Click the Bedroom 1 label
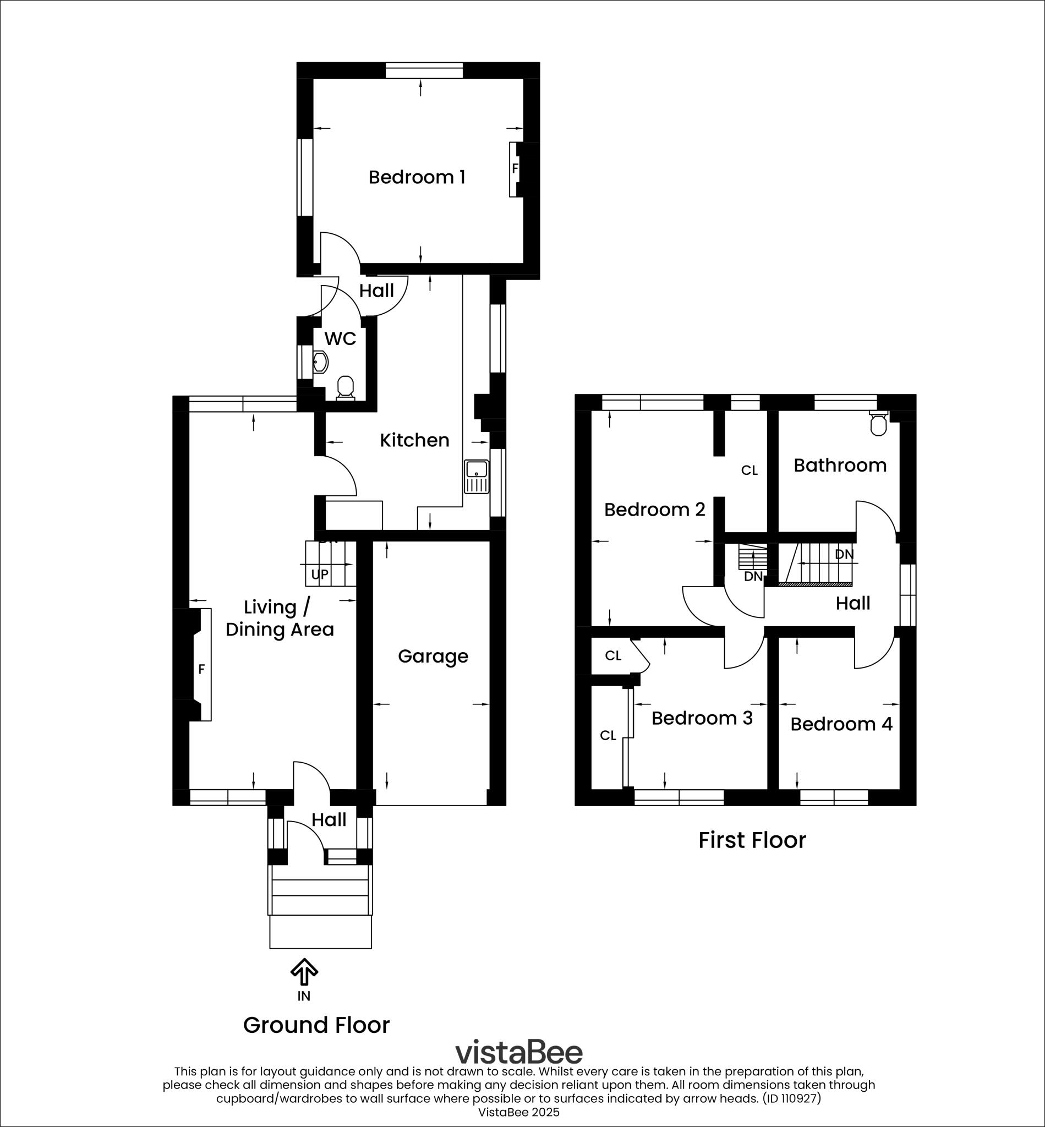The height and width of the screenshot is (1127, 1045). point(417,177)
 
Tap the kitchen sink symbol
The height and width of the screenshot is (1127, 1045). point(476,477)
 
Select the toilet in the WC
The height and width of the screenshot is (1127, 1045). point(345,387)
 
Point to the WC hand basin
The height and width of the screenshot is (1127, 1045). point(320,362)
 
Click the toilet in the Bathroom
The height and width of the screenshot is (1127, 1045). point(878,424)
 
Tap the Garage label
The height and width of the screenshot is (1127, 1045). point(433,656)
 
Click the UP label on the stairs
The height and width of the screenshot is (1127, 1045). point(320,575)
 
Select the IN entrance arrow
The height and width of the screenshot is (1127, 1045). point(304,971)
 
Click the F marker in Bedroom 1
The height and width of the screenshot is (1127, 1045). point(515,168)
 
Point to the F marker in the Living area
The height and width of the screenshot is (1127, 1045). point(201,670)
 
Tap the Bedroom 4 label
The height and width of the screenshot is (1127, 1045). point(841,724)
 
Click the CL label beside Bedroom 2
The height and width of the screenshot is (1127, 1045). point(749,471)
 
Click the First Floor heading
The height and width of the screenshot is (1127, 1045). point(752,840)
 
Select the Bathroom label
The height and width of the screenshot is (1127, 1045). point(840,466)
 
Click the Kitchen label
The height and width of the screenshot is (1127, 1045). point(414,440)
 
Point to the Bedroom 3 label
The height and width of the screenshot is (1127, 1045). point(702,718)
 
